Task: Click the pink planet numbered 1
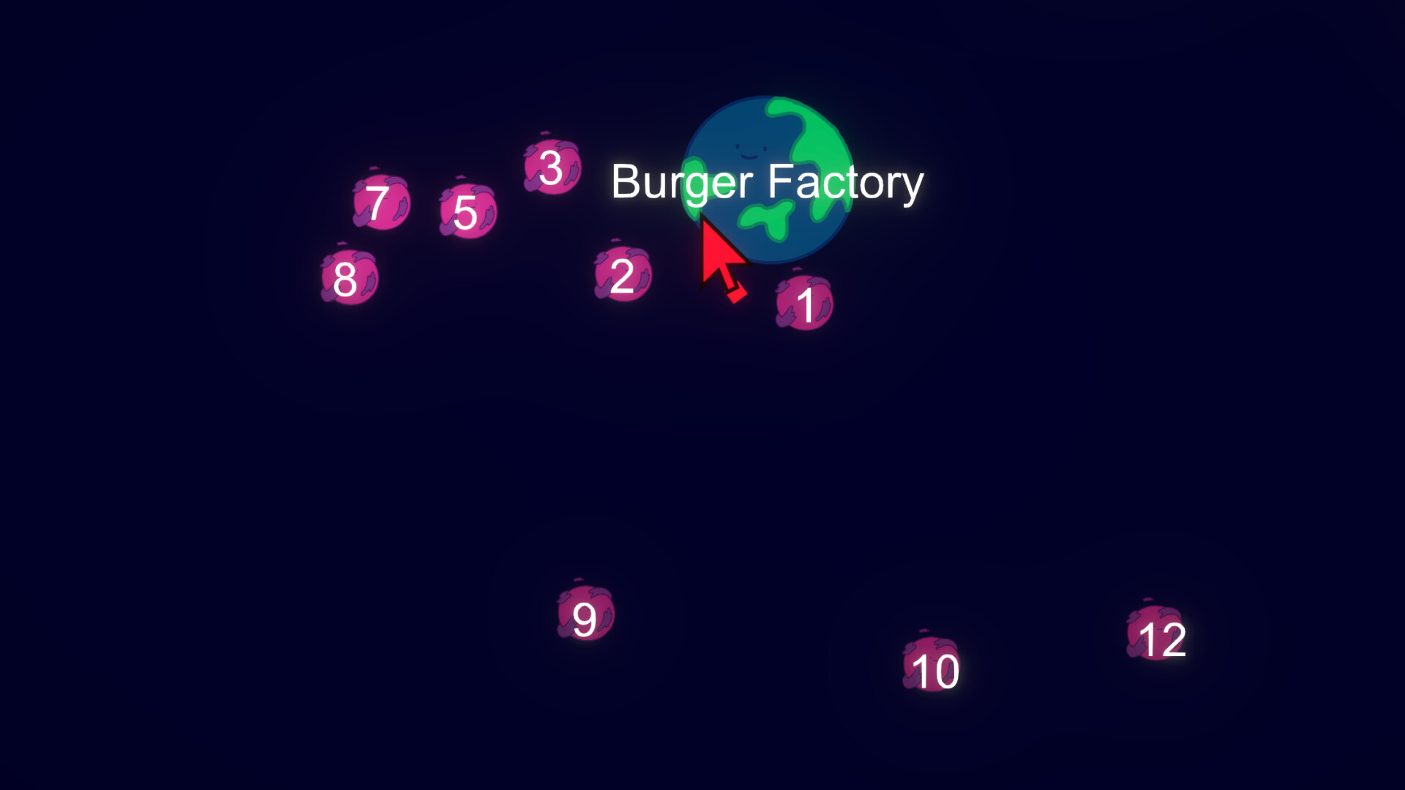804,303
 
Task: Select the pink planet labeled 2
623,274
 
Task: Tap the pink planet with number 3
552,167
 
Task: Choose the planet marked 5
468,211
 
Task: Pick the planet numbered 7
381,202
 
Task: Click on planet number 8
350,277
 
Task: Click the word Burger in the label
682,183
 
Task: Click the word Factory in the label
846,183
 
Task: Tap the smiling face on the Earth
749,150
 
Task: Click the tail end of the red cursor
736,294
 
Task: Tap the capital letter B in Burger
626,181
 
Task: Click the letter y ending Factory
913,189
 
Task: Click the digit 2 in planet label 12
1172,641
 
